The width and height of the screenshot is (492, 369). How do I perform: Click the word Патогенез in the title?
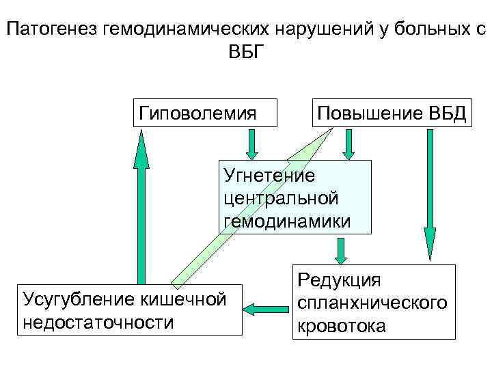coord(51,31)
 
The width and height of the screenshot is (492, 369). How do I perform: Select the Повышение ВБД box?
coord(390,112)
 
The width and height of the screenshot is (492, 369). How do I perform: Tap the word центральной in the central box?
coord(281,198)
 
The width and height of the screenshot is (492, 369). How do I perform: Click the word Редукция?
coord(339,279)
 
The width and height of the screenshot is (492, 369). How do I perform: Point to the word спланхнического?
coord(372,301)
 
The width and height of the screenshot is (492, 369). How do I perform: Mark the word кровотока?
coord(341,325)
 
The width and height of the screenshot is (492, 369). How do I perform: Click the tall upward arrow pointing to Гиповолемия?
coord(141,205)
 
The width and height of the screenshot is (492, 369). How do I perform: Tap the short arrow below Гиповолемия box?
coord(251,143)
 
